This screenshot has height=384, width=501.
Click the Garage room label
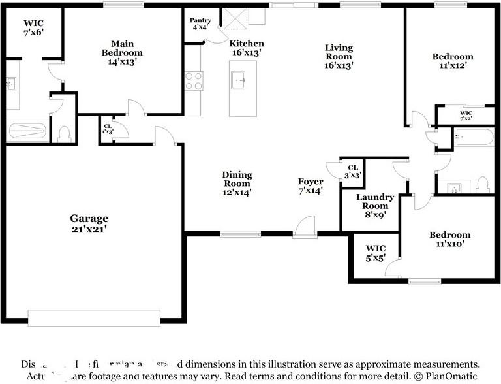[89, 224]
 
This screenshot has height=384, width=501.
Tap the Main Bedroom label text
[122, 52]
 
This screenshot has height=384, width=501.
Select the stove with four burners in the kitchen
[194, 80]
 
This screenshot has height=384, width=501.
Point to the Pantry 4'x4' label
[200, 24]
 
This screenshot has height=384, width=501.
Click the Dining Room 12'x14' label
[237, 184]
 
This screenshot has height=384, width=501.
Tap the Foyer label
[311, 186]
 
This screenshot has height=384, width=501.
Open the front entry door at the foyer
[304, 229]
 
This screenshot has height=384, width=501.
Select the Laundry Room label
[375, 205]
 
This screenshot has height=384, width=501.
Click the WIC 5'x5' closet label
[376, 253]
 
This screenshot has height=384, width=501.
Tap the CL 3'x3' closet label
[353, 171]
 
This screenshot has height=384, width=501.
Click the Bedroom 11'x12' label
[453, 61]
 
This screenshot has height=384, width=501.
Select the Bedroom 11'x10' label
[449, 240]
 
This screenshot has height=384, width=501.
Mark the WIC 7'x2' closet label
[465, 116]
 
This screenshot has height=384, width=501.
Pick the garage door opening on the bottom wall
[94, 317]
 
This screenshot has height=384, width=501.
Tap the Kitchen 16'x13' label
[246, 48]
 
